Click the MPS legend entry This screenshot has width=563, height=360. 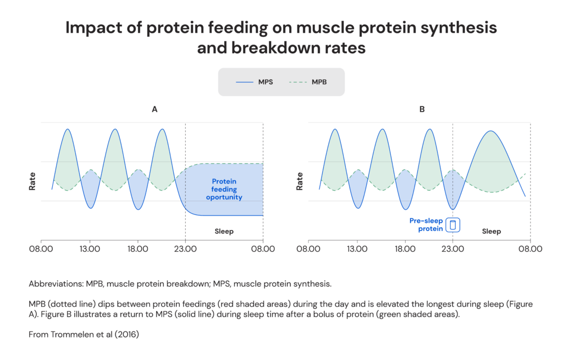point(254,82)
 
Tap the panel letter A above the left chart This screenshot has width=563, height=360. point(154,109)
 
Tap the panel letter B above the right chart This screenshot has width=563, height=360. point(422,109)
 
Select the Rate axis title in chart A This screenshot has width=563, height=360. point(32,181)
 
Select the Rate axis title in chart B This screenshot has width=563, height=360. point(300,181)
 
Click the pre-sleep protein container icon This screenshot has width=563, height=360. point(453,225)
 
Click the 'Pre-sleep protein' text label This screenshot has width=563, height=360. point(426,225)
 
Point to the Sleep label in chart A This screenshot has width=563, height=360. point(224,231)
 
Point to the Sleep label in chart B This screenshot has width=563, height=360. point(492,231)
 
